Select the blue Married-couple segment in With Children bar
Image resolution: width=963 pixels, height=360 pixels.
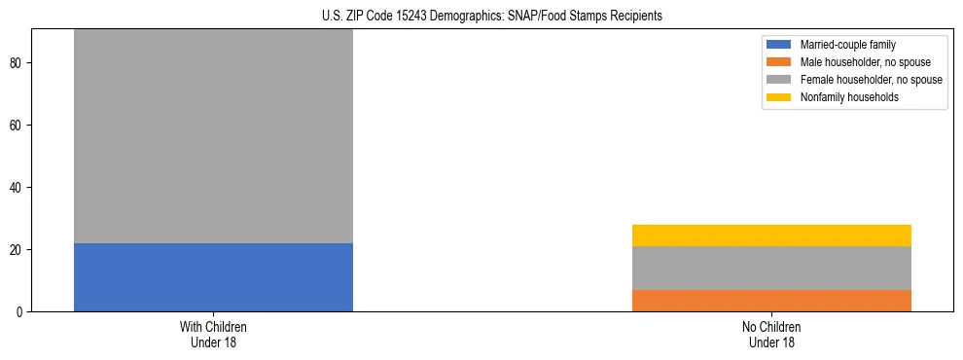click(213, 277)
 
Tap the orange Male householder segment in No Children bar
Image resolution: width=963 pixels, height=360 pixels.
click(771, 301)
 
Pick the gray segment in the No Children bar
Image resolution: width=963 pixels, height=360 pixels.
click(771, 268)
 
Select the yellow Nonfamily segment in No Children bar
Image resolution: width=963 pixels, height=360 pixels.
click(771, 235)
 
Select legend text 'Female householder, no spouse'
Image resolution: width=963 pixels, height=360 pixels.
click(871, 80)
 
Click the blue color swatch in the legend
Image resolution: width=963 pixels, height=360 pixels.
click(779, 45)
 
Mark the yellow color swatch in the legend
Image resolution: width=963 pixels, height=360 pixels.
click(779, 97)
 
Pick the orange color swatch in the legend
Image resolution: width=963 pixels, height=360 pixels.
click(779, 62)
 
